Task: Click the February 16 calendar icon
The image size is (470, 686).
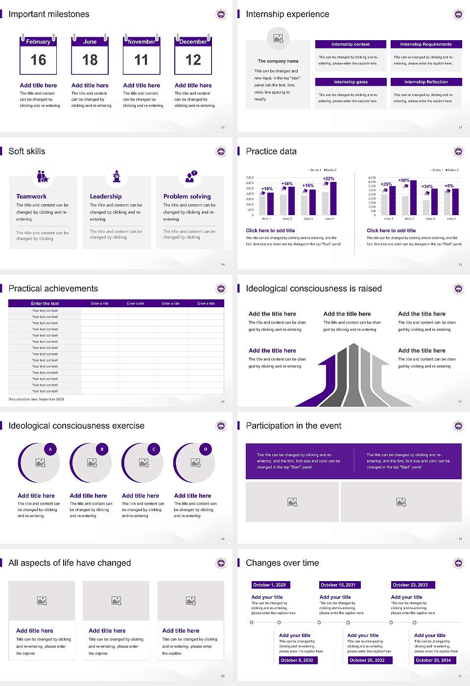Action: [38, 55]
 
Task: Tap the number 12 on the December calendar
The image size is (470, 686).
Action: [193, 60]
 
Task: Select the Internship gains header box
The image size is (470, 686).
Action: [351, 82]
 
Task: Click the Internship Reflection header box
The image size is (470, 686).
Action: [426, 82]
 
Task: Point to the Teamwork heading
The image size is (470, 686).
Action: [31, 196]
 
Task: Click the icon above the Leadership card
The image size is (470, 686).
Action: [117, 176]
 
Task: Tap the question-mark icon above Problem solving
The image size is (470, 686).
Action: [190, 176]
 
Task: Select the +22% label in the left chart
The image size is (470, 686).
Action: [329, 179]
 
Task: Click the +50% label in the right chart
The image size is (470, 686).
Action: [403, 180]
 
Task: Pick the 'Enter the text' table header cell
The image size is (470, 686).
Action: [45, 303]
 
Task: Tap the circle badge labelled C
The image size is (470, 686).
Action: [154, 449]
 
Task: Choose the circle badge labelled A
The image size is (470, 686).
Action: [50, 449]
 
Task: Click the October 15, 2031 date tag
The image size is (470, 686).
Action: [338, 585]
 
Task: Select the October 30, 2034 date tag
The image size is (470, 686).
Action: [433, 660]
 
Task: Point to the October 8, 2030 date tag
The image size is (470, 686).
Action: [297, 660]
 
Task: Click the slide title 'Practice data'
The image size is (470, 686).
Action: [271, 151]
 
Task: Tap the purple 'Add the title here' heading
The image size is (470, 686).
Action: [272, 351]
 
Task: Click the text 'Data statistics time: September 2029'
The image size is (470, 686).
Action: [36, 399]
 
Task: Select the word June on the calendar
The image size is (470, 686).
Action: [90, 42]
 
